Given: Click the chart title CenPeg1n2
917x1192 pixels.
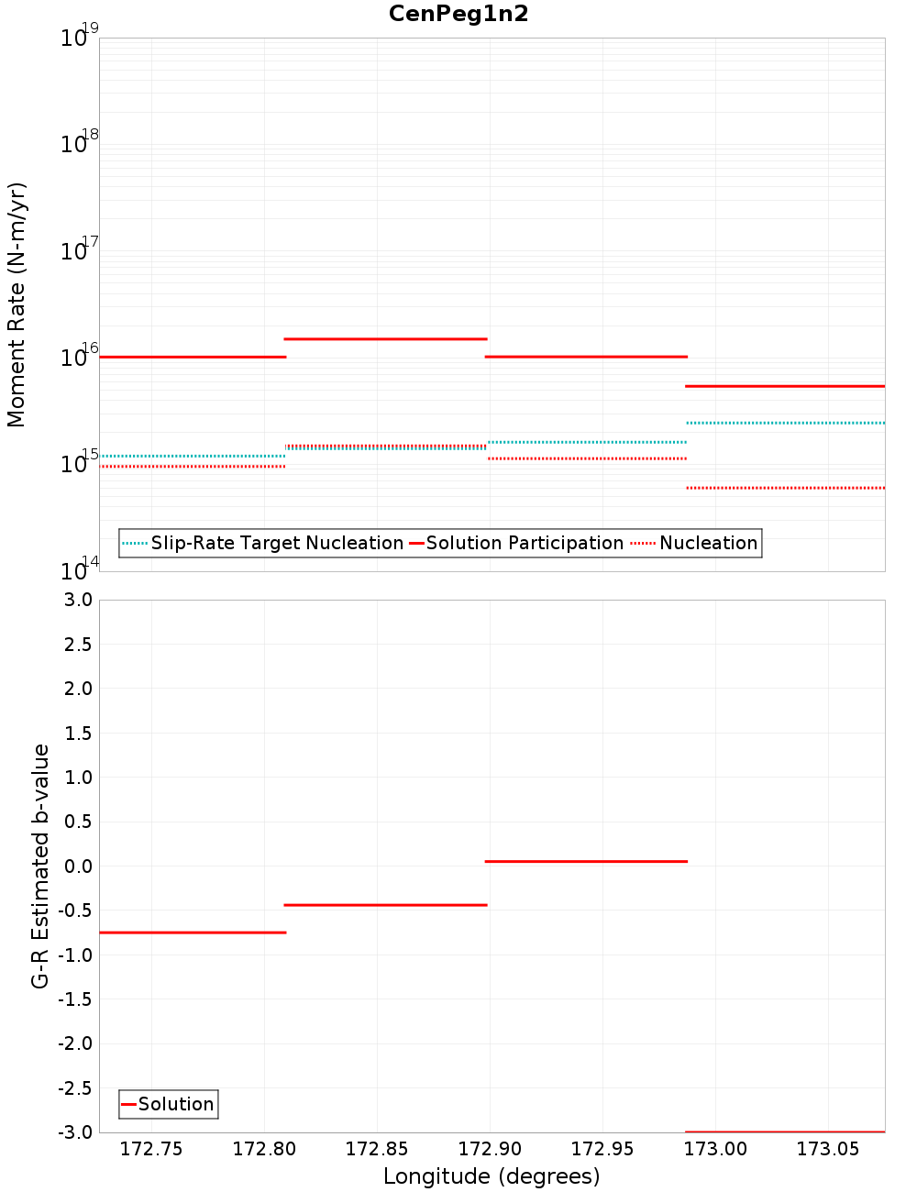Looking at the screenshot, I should (458, 14).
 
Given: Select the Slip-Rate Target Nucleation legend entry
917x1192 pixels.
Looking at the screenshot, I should (276, 543).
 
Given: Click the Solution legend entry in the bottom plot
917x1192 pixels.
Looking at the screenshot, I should (175, 1104).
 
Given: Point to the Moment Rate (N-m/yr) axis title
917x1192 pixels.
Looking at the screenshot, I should (17, 304).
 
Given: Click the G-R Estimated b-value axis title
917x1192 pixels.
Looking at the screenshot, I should (40, 866).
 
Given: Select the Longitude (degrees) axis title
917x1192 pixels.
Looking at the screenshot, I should (492, 1176).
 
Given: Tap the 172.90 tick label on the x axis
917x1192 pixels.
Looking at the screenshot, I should (490, 1150).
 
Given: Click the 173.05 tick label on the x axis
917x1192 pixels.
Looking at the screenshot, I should (828, 1150).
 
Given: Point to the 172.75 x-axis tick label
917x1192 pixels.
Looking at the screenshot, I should (151, 1150).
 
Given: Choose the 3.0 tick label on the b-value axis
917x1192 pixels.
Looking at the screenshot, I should (77, 600).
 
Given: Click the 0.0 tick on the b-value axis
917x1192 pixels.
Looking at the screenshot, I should (77, 866).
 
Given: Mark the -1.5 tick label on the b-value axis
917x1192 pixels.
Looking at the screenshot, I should (74, 999).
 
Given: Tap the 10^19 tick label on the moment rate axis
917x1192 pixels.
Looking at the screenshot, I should (79, 37).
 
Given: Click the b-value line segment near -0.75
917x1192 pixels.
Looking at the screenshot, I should (193, 933).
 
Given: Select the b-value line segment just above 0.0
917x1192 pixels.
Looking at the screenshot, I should (586, 862).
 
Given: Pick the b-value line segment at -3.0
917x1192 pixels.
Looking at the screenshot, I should (785, 1131).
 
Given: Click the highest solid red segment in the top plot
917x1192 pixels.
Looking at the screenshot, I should (385, 339).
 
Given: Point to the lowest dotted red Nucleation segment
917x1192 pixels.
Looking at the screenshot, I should (785, 488).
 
